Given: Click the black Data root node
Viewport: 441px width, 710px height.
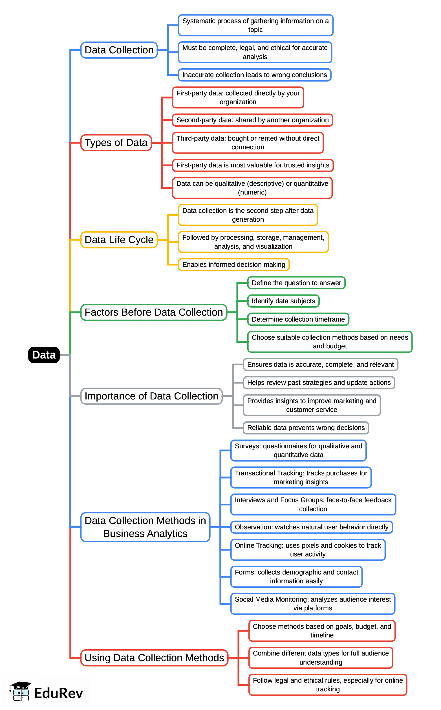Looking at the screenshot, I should (x=44, y=355).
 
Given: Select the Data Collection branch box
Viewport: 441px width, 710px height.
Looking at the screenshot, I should (x=119, y=50).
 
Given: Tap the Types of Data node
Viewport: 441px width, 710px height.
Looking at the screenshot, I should (x=116, y=143).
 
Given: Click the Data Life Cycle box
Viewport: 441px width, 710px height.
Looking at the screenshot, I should (x=119, y=240).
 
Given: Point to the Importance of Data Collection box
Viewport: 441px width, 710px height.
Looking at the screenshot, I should (x=151, y=396).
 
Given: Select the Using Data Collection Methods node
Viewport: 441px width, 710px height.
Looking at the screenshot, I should (x=154, y=658).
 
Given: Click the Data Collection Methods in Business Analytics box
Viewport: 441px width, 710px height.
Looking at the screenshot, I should (x=145, y=527).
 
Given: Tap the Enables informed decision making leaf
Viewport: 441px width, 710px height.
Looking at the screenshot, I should (x=234, y=265).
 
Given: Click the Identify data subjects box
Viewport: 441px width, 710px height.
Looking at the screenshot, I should (x=283, y=301).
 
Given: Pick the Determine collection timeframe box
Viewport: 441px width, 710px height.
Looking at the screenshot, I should (x=298, y=319).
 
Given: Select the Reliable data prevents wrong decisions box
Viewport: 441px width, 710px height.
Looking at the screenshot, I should (x=306, y=428).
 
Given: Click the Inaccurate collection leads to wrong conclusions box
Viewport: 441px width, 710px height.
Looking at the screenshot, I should (x=254, y=75).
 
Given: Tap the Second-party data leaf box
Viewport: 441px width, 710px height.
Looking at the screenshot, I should (x=252, y=120).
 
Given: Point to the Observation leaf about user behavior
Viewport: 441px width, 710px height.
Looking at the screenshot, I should (x=311, y=527).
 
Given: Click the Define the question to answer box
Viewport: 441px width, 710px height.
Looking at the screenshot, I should (x=296, y=283).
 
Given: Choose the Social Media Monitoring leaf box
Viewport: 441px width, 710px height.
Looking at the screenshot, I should (x=313, y=604).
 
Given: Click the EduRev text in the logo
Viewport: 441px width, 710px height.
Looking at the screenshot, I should (x=58, y=693).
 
